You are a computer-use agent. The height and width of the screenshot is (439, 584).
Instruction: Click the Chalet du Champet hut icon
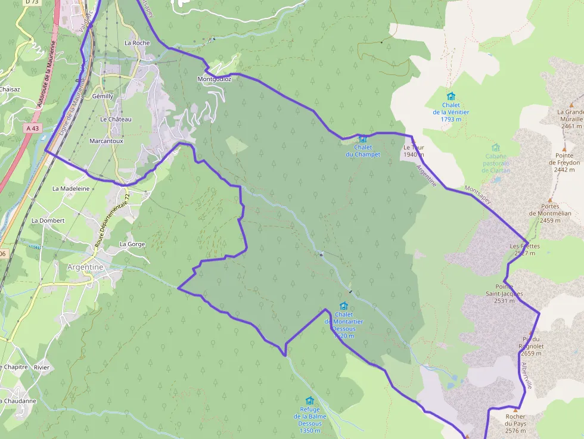(x=363, y=139)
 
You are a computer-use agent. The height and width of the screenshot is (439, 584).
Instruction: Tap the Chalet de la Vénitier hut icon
(x=451, y=96)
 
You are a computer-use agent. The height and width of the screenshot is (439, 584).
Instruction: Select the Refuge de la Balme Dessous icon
(x=309, y=400)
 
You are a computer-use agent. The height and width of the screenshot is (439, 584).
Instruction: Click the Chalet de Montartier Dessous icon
(x=344, y=306)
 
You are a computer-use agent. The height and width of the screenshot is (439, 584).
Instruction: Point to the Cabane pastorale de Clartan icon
(x=496, y=147)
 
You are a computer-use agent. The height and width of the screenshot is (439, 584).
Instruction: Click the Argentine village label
(x=85, y=267)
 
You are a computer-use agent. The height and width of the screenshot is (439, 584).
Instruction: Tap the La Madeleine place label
(x=71, y=188)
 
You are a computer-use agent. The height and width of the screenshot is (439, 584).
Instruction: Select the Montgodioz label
(x=214, y=79)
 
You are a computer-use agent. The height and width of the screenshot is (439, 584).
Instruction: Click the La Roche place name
(x=137, y=43)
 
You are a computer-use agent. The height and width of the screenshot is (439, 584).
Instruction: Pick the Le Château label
(x=116, y=119)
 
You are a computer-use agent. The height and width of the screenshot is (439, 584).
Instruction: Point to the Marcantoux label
(x=106, y=141)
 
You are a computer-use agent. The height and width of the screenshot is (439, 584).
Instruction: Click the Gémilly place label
(x=102, y=96)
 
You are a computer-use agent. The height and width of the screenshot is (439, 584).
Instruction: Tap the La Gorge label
(x=132, y=244)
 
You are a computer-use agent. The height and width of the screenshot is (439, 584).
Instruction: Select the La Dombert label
(x=48, y=220)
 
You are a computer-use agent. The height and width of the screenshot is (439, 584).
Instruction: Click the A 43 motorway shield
(x=33, y=128)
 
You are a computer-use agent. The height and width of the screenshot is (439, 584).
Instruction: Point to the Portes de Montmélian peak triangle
(x=549, y=200)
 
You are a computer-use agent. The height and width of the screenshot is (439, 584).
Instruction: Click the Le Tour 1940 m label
(x=413, y=151)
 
